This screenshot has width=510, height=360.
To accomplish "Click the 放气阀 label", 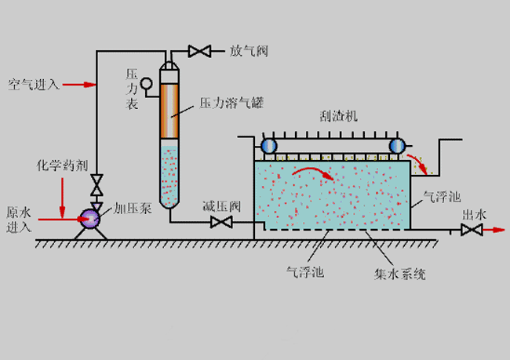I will tap(250, 51).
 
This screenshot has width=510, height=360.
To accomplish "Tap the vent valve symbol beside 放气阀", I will tap(200, 52).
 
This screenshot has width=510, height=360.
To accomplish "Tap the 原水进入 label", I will tap(18, 220).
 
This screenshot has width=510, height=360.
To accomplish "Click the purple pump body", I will tap(91, 218).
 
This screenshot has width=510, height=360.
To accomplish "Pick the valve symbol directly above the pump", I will tap(97, 186).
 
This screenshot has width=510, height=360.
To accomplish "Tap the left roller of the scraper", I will tap(269, 145).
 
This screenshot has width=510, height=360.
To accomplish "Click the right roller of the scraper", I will tap(396, 145).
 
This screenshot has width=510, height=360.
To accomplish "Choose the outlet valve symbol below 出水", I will tap(471, 230).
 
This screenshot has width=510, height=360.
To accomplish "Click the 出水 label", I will tap(472, 213).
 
